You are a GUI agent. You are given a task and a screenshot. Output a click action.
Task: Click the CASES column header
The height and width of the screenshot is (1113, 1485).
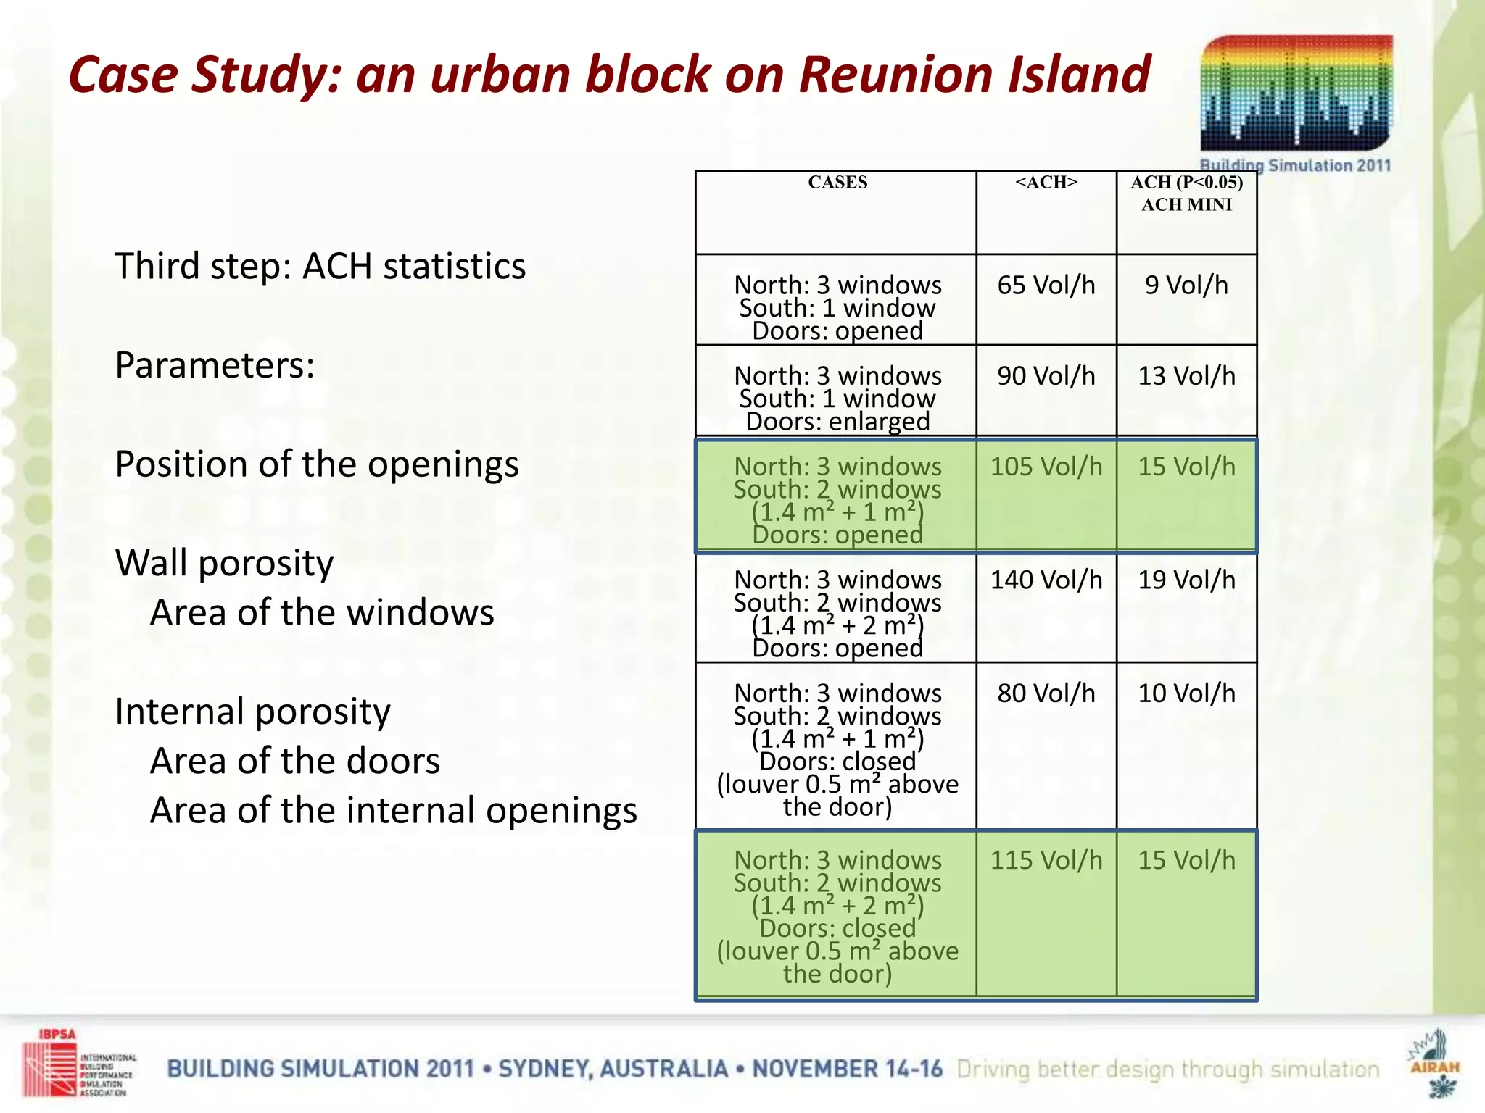837,183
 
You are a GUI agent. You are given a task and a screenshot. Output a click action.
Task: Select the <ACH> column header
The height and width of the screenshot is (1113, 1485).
1046,183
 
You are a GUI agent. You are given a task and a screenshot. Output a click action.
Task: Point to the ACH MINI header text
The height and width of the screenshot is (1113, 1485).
1186,205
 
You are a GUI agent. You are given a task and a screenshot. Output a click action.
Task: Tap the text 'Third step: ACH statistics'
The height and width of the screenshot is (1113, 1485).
320,266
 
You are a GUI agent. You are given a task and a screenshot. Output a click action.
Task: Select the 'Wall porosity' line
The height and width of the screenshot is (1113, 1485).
224,563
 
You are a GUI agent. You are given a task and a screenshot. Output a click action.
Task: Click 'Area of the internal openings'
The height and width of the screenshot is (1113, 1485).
393,810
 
